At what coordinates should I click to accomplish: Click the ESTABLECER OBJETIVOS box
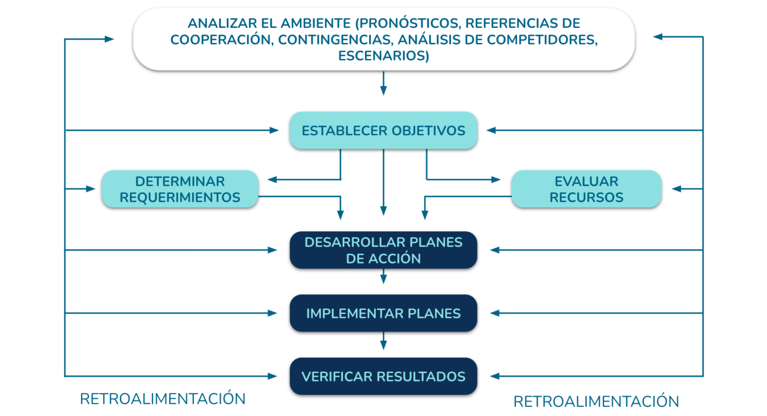tap(383, 130)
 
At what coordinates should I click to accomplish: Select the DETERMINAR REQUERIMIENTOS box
tap(180, 189)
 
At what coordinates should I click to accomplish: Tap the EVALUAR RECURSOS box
tap(587, 189)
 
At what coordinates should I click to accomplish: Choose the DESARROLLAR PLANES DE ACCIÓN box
tap(383, 250)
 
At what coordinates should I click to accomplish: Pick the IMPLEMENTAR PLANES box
tap(383, 313)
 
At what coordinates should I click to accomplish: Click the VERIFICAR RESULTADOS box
tap(383, 376)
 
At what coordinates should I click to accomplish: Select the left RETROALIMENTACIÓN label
tap(163, 399)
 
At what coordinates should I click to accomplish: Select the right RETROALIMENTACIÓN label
tap(596, 402)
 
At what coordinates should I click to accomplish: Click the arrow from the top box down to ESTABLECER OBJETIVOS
tap(383, 83)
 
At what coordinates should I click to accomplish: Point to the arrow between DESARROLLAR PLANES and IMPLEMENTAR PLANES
tap(383, 276)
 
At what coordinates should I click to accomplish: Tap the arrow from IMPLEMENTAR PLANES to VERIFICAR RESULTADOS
tap(383, 341)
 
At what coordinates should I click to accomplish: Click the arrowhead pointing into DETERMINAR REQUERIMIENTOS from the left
tap(90, 189)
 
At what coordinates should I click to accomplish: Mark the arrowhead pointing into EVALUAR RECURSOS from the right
tap(677, 189)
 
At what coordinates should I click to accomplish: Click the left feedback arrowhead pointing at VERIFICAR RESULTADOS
tap(272, 376)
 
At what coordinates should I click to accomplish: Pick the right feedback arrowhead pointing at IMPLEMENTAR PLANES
tap(495, 313)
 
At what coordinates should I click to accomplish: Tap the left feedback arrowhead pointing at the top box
tap(109, 39)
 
